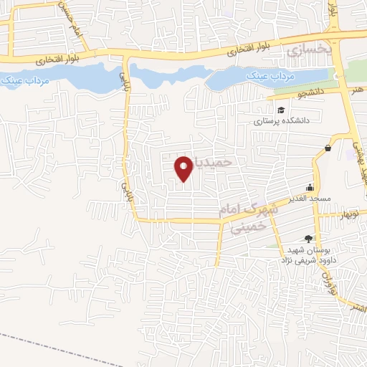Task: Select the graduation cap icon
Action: coord(282,110)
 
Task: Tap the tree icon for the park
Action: coord(309,239)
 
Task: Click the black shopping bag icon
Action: coord(328,148)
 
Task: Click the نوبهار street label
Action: coord(347,214)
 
